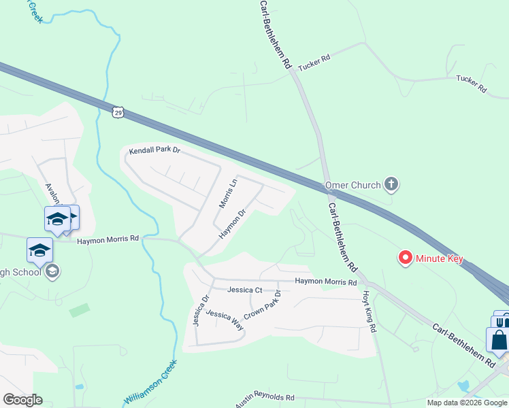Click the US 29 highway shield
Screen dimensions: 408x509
(118, 111)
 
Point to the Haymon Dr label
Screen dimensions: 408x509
(231, 224)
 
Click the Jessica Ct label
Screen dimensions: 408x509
(245, 290)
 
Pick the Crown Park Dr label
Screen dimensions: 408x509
(262, 307)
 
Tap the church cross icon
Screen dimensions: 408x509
(391, 184)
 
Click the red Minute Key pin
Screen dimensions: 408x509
(406, 258)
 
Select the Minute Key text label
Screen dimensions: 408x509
(440, 258)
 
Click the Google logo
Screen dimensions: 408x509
(22, 400)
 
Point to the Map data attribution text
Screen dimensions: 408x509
(467, 403)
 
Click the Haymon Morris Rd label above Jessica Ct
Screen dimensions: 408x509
(325, 282)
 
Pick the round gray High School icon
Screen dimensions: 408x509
(52, 272)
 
